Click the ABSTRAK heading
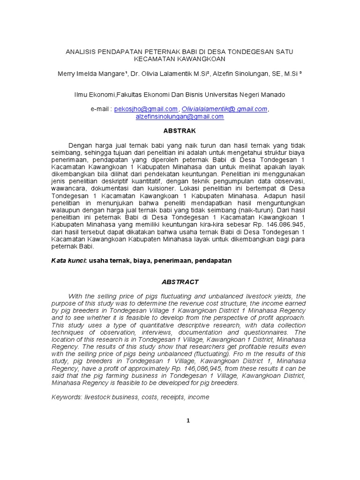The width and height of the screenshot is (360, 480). [180, 131]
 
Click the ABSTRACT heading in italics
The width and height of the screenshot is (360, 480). [180, 282]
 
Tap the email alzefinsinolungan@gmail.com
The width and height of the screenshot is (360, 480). [180, 117]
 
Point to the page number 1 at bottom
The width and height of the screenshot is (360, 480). [188, 420]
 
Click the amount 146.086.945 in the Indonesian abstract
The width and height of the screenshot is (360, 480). [281, 224]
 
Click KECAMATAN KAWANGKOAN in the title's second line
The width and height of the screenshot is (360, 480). [180, 59]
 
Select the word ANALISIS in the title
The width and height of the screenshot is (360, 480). [80, 51]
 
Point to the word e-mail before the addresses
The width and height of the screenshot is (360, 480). [100, 109]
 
